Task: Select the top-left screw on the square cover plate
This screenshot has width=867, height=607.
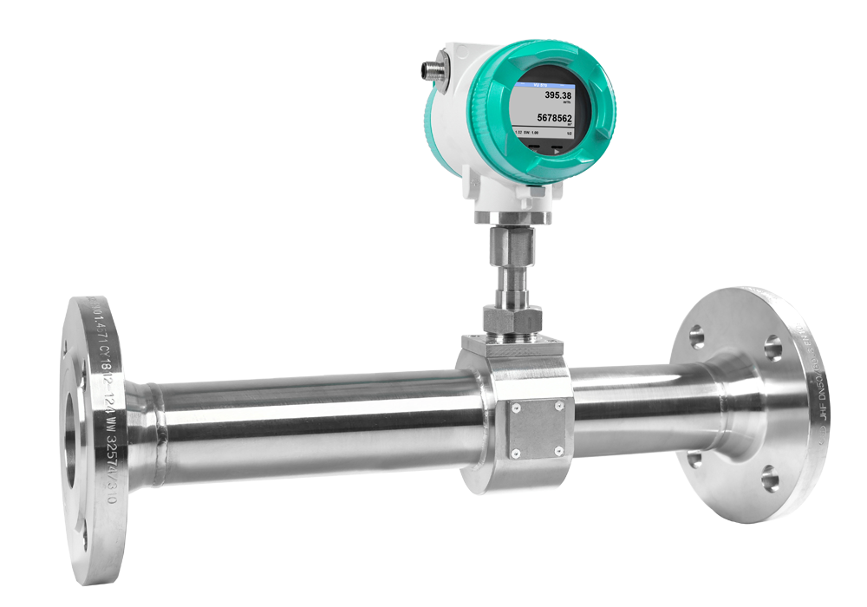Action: click(x=515, y=407)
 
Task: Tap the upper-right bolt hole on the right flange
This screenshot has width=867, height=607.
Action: click(x=773, y=349)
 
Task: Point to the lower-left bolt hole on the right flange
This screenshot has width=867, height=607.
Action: click(x=694, y=457)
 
